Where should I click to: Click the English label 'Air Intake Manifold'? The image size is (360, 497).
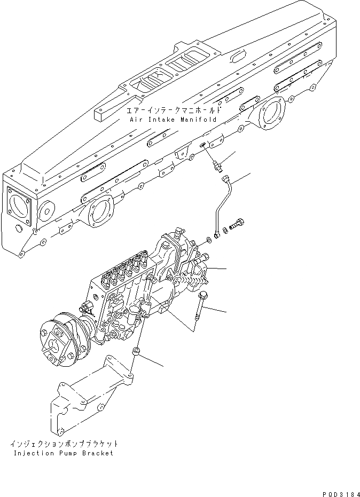[173, 120]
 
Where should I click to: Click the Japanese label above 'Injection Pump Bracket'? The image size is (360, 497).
[64, 444]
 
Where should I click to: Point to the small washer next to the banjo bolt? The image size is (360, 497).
[225, 230]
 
